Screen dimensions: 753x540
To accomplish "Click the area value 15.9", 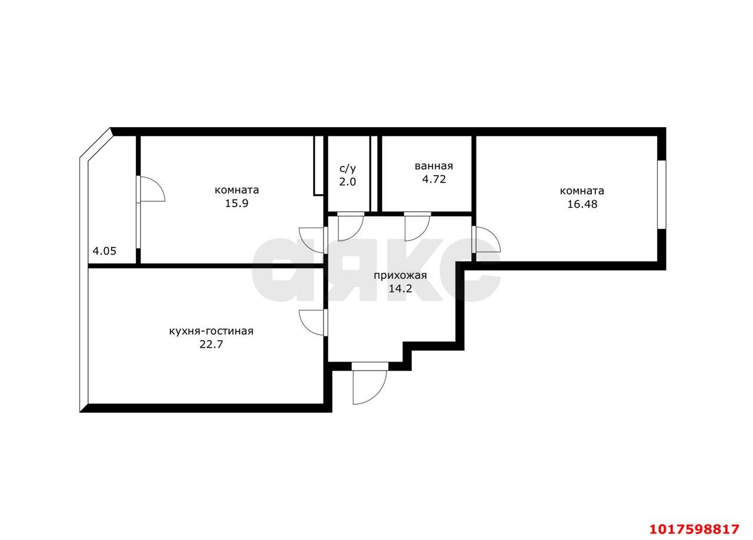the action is [x=236, y=204].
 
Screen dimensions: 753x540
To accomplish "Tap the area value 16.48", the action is [x=582, y=204].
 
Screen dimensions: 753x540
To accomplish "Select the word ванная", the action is [x=434, y=166].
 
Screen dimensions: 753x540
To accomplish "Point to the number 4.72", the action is [x=434, y=179].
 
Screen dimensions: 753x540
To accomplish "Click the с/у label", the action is [x=348, y=168].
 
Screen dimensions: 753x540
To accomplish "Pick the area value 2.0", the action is [x=348, y=182].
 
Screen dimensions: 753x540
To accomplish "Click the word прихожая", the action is [x=401, y=276].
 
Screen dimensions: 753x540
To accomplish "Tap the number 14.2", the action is [x=401, y=288].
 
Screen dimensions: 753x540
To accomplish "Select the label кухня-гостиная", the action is [x=211, y=332].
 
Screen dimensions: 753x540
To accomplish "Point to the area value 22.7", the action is [x=211, y=344].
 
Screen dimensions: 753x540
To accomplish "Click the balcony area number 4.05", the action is [x=105, y=251].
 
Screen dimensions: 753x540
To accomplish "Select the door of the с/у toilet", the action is [x=351, y=226].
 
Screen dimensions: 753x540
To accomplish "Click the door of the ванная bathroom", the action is [x=417, y=226].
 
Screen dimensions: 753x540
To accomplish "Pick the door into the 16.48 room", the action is [x=486, y=239].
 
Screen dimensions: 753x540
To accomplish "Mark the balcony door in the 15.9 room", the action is [x=151, y=189].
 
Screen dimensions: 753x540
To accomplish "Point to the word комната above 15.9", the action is [x=236, y=191].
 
